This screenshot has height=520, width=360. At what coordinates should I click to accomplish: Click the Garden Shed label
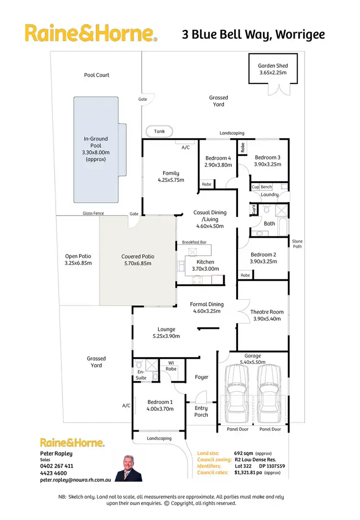273,69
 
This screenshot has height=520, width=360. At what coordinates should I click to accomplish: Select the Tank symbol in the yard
159,132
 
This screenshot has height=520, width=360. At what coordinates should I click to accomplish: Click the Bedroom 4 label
218,161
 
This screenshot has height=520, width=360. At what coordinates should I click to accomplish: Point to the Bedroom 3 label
268,160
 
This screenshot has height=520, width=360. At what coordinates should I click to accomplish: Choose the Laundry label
270,194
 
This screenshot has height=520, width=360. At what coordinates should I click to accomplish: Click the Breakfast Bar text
194,243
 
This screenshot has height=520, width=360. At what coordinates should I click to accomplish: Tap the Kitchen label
205,262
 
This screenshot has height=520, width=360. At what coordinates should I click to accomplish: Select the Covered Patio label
138,260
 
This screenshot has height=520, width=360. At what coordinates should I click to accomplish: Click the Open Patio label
78,260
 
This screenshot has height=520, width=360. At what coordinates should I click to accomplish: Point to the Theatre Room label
267,315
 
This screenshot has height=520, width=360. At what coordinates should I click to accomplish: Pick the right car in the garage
269,393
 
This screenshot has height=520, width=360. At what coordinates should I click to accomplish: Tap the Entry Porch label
201,411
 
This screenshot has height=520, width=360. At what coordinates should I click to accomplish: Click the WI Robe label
171,366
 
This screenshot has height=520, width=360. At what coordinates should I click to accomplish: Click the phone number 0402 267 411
57,466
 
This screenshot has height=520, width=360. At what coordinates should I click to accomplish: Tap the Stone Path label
298,244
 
